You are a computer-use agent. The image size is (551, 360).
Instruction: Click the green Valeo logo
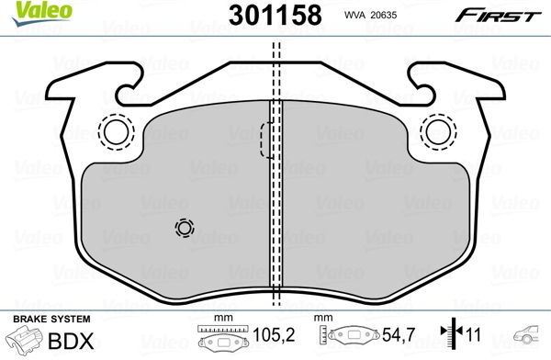pos(41,13)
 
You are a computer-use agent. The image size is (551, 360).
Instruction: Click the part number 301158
pos(275,16)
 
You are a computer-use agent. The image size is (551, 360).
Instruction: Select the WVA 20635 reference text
pos(370,15)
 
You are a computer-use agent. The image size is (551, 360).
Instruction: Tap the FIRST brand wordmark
pos(498,16)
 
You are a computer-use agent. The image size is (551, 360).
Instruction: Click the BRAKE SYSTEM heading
pos(51,320)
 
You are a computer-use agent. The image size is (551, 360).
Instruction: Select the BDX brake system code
pos(71,341)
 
